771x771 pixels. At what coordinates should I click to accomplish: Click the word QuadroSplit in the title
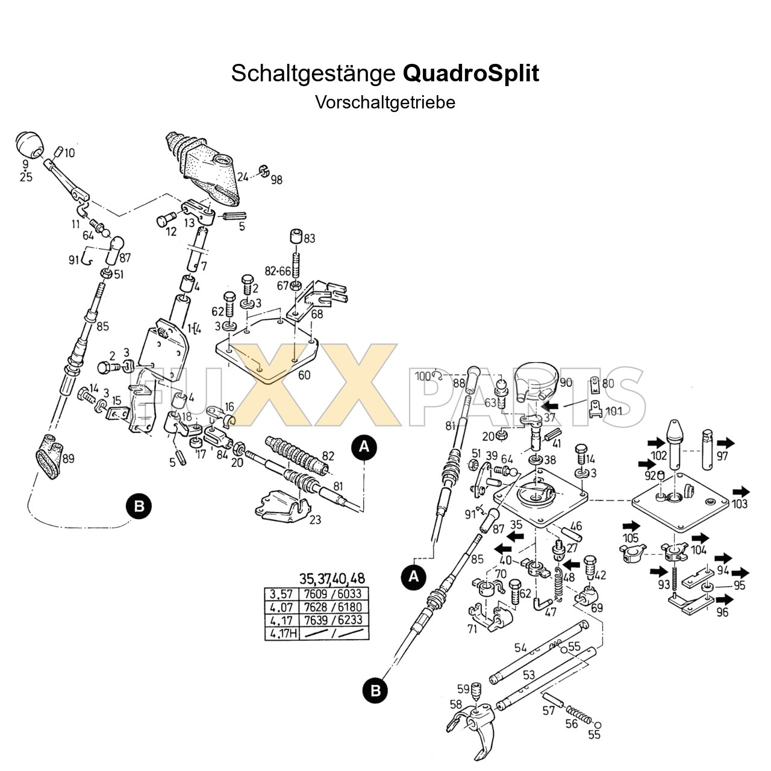470,74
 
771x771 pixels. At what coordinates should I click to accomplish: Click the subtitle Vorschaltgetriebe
385,102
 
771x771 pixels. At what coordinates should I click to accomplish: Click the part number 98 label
276,179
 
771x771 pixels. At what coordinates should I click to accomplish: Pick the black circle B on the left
139,506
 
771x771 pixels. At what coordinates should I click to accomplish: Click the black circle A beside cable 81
364,447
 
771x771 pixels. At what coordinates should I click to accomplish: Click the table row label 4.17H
283,634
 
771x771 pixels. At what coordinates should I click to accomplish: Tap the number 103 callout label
740,504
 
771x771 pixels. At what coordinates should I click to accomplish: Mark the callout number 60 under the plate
304,375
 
